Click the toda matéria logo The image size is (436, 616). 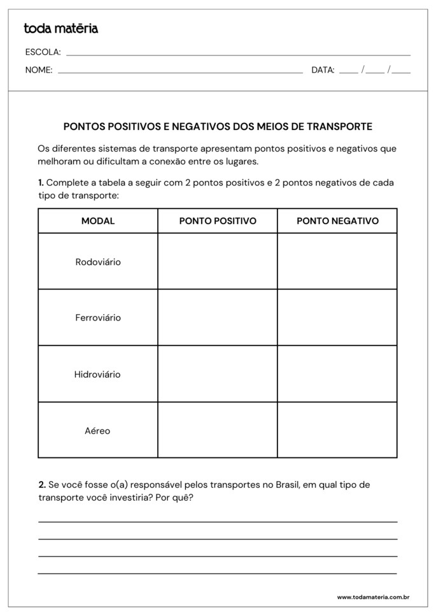pyautogui.click(x=61, y=29)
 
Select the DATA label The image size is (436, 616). pyautogui.click(x=323, y=70)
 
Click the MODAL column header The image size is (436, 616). pyautogui.click(x=98, y=221)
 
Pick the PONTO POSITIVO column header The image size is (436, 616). pyautogui.click(x=218, y=221)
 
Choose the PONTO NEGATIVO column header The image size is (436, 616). pyautogui.click(x=337, y=221)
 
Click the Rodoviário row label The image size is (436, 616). pyautogui.click(x=98, y=262)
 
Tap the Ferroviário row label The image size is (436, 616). pyautogui.click(x=98, y=318)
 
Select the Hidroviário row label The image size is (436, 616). pyautogui.click(x=97, y=375)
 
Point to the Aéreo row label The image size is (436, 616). pyautogui.click(x=97, y=431)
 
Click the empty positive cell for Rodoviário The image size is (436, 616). pyautogui.click(x=218, y=262)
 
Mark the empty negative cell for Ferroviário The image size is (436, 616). pyautogui.click(x=337, y=318)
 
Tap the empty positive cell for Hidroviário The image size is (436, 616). pyautogui.click(x=218, y=375)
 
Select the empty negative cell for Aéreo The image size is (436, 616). pyautogui.click(x=337, y=431)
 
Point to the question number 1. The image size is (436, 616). pyautogui.click(x=41, y=183)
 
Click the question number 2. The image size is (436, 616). pyautogui.click(x=41, y=485)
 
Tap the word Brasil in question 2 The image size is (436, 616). pyautogui.click(x=290, y=485)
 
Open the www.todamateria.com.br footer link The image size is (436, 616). pyautogui.click(x=372, y=598)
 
